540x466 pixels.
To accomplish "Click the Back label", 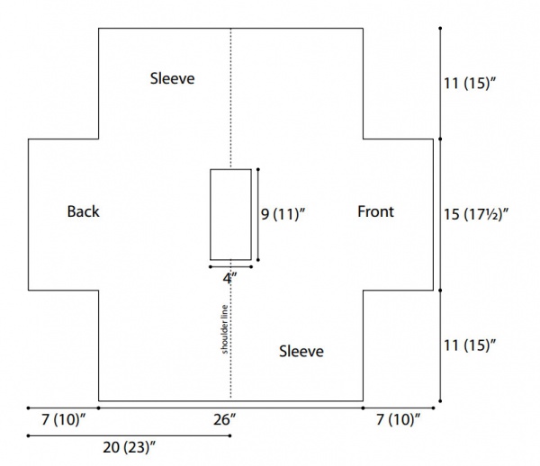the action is [x=84, y=211].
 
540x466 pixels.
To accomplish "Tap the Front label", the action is [x=375, y=211].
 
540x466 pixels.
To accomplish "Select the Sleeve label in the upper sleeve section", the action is [x=172, y=78].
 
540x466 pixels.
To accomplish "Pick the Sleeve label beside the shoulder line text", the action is [x=301, y=352].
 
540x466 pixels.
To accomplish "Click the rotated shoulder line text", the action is [x=224, y=329].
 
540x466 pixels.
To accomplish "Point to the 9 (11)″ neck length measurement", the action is [x=283, y=214].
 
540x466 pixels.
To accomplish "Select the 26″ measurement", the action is [x=225, y=420].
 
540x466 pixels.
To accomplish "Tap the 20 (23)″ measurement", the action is [x=129, y=448].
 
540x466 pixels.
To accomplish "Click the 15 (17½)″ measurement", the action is [x=475, y=214].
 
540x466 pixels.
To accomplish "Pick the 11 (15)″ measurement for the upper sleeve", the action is [x=470, y=84].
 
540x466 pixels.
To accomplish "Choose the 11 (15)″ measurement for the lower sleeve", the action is [x=470, y=345].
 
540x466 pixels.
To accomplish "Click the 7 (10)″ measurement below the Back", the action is [x=63, y=420].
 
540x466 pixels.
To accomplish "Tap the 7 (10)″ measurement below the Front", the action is [x=399, y=420].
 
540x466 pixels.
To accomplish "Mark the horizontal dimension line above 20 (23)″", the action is [x=129, y=435].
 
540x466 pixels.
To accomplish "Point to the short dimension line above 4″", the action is [x=230, y=266].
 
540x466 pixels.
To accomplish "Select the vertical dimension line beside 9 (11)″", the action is [x=258, y=214].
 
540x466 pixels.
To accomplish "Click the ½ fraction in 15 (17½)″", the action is [x=494, y=214].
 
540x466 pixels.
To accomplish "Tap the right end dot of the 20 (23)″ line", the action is [x=230, y=435].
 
